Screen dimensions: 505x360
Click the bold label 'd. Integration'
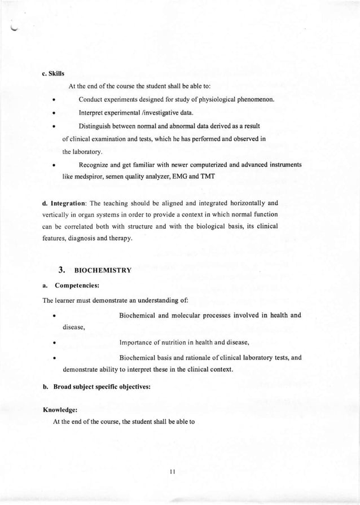pyautogui.click(x=65, y=203)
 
